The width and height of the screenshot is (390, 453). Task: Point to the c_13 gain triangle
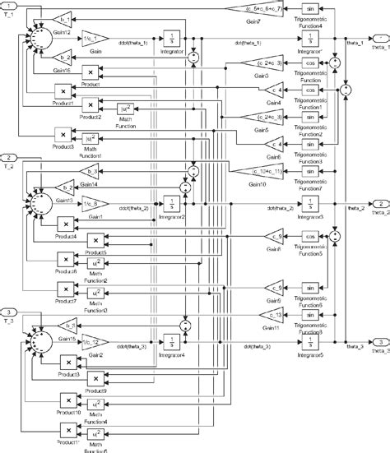pos(276,314)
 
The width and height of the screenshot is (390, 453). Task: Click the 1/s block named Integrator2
pos(172,202)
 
